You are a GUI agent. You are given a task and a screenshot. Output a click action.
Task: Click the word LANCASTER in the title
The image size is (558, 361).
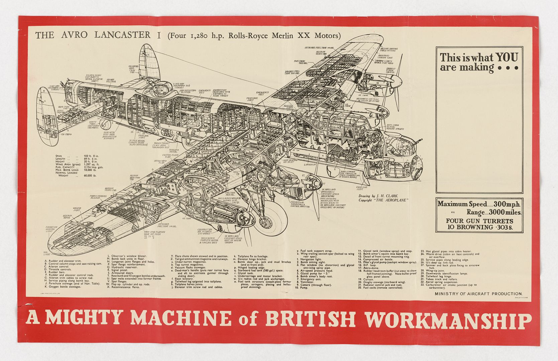tap(122, 35)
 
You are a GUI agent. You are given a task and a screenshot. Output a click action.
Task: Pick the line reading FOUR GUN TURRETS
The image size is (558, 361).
tap(479, 221)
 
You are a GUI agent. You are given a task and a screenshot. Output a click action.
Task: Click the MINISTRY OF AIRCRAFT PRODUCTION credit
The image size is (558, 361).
tap(478, 293)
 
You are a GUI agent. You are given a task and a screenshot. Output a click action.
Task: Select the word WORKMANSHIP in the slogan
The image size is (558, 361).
tap(448, 320)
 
